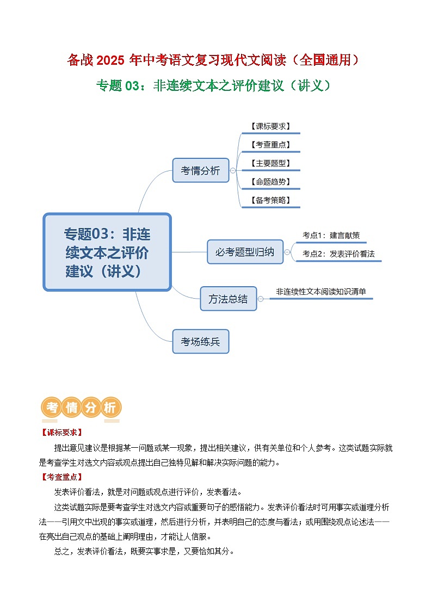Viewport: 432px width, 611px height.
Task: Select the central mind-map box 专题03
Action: click(x=107, y=252)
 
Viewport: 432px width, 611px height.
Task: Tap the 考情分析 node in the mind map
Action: click(x=200, y=170)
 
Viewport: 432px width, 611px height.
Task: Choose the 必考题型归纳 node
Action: click(x=245, y=252)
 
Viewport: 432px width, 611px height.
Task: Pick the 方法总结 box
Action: click(x=228, y=299)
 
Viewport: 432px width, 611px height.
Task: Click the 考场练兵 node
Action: click(x=200, y=342)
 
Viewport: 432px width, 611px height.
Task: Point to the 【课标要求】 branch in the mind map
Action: click(x=270, y=126)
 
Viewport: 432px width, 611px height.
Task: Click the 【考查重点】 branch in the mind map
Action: click(x=270, y=145)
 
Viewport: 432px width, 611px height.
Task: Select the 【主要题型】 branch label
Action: click(x=270, y=163)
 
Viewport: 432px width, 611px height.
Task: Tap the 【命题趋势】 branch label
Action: click(x=270, y=182)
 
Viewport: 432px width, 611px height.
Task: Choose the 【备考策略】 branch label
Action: click(x=270, y=200)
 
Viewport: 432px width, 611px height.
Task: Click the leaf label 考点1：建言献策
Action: click(x=331, y=236)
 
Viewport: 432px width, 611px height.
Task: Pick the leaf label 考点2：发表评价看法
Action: click(x=338, y=254)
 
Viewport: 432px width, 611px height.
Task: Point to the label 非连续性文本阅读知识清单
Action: click(x=321, y=292)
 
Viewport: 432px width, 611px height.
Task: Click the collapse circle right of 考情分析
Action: click(x=233, y=170)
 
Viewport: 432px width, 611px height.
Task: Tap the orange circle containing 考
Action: click(x=52, y=408)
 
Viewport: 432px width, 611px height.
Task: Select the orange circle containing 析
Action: click(x=109, y=408)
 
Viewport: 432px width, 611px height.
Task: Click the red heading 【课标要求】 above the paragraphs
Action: click(x=61, y=433)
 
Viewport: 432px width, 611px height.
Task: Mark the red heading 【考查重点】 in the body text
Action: click(x=61, y=477)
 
